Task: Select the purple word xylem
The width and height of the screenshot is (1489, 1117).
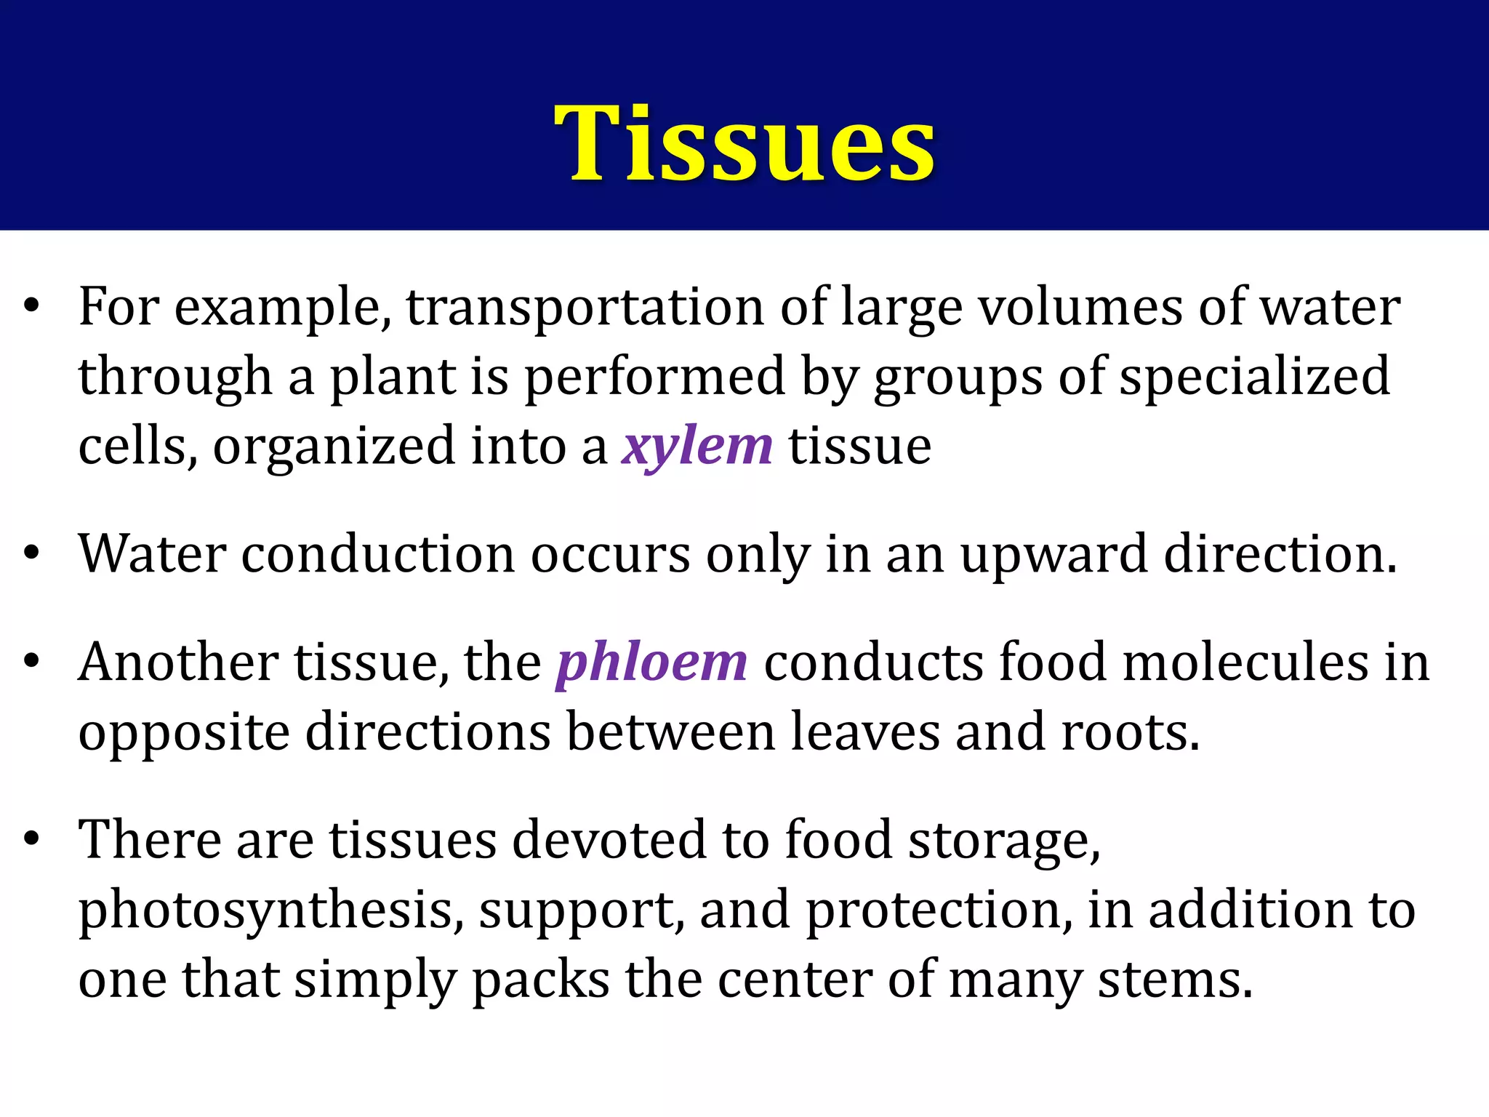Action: (x=697, y=446)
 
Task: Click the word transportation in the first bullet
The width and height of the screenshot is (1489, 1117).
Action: (x=585, y=307)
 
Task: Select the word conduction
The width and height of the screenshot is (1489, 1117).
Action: (x=377, y=554)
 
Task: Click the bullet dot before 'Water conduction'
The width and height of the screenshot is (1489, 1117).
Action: (x=31, y=554)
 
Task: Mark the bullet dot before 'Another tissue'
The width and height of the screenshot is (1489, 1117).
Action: (x=31, y=662)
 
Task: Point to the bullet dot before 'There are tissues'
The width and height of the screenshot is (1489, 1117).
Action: (x=31, y=839)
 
